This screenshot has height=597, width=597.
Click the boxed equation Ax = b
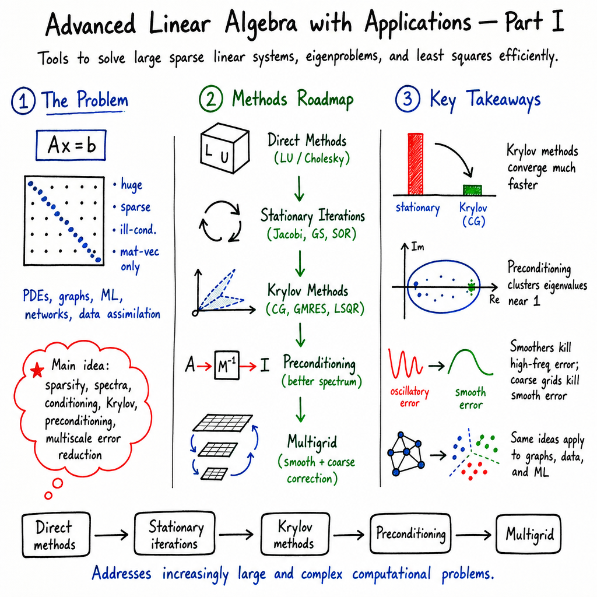[x=71, y=145]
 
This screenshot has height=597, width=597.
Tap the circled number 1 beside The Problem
[x=23, y=101]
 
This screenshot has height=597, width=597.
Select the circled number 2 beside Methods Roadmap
[x=211, y=99]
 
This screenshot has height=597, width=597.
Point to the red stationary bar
[x=415, y=164]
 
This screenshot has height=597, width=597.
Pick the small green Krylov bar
[x=472, y=189]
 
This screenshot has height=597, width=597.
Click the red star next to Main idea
[x=37, y=370]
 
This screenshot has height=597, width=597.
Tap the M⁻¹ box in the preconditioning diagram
[x=227, y=366]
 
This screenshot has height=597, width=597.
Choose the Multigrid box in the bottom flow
[x=528, y=534]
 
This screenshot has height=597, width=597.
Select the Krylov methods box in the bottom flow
[x=295, y=534]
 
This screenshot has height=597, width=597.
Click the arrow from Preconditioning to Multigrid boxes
[x=473, y=535]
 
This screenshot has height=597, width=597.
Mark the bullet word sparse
[x=135, y=208]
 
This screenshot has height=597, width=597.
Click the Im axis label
[x=417, y=247]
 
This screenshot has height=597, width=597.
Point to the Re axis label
[x=494, y=300]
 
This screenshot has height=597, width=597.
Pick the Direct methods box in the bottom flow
[x=56, y=535]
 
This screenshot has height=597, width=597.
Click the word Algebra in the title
[x=261, y=23]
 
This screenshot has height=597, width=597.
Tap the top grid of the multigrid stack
[x=223, y=423]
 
